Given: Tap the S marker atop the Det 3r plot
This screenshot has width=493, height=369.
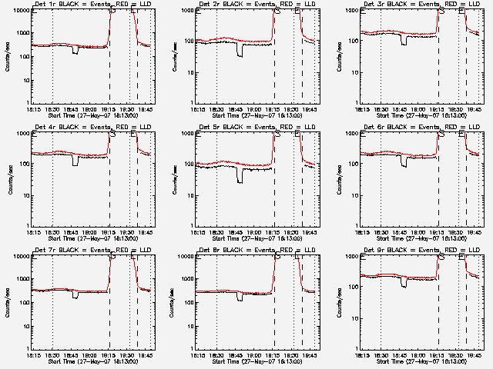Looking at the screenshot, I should point(441,11).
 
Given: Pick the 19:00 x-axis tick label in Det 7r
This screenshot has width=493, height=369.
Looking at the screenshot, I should point(90,356).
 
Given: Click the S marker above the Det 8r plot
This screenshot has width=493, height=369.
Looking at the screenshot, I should point(276,257).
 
